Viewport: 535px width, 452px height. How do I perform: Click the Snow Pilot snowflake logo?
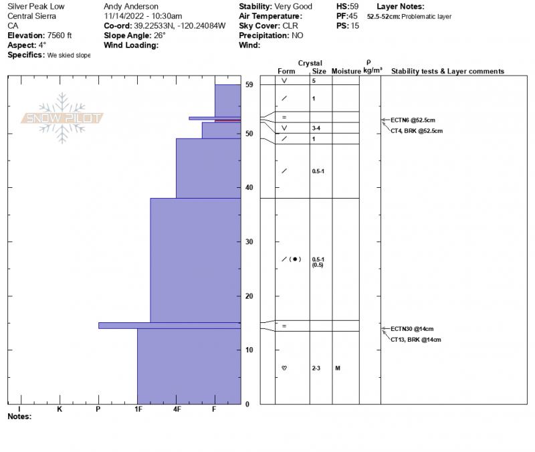pos(62,118)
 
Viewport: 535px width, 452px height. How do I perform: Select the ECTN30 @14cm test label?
pos(412,329)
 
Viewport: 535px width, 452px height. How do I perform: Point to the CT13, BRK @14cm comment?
pos(416,340)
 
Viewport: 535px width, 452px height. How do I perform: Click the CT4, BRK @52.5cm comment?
pos(416,131)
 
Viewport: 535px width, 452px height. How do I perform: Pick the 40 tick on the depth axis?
pos(249,188)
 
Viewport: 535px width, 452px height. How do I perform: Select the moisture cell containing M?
pos(338,368)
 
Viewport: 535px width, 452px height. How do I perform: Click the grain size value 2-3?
pos(316,368)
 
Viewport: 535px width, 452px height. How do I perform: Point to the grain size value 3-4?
pos(316,128)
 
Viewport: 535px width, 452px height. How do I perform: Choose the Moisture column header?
pos(346,72)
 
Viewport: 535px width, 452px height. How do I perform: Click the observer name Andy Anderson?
pos(131,6)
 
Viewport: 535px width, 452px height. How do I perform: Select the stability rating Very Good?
pos(294,6)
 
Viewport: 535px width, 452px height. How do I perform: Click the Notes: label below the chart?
pos(19,417)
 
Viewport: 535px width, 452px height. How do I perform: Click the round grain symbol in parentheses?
pos(296,259)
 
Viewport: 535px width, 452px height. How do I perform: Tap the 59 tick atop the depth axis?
pos(249,85)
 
